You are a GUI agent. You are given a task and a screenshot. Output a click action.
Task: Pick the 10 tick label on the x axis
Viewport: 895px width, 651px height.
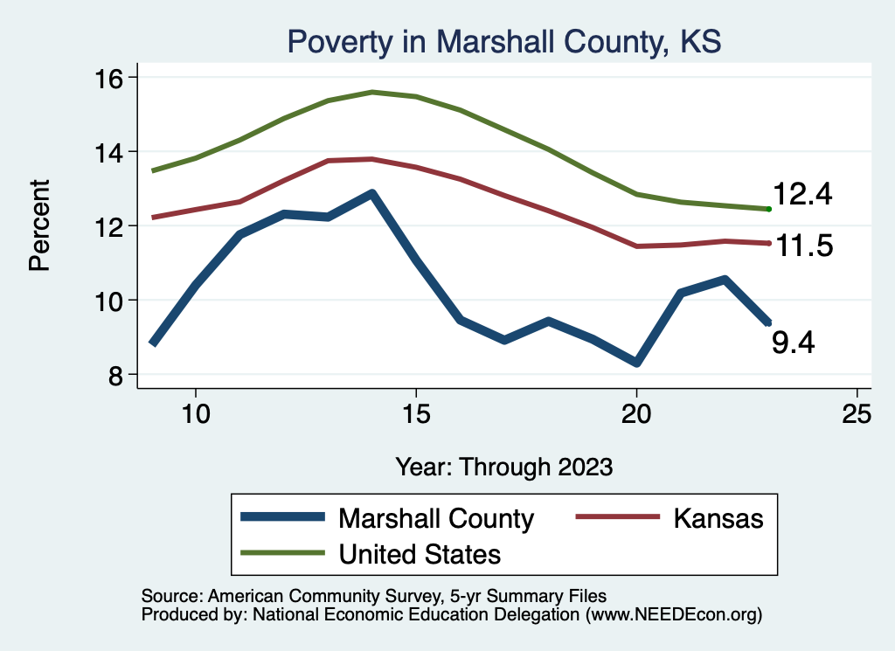point(196,414)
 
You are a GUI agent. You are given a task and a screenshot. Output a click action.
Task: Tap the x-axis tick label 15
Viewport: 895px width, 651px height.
point(416,414)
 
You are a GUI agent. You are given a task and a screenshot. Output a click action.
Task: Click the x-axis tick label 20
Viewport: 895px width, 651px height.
point(636,414)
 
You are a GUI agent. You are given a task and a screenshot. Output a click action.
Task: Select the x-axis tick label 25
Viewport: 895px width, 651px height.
point(857,414)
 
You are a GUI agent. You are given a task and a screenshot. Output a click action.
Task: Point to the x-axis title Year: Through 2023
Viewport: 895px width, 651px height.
point(503,466)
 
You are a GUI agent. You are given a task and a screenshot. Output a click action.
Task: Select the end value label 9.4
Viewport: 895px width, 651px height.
point(794,343)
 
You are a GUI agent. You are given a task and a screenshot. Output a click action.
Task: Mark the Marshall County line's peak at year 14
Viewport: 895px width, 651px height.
point(372,193)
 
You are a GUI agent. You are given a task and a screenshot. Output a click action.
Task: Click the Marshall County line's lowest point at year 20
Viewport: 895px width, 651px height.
point(636,363)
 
